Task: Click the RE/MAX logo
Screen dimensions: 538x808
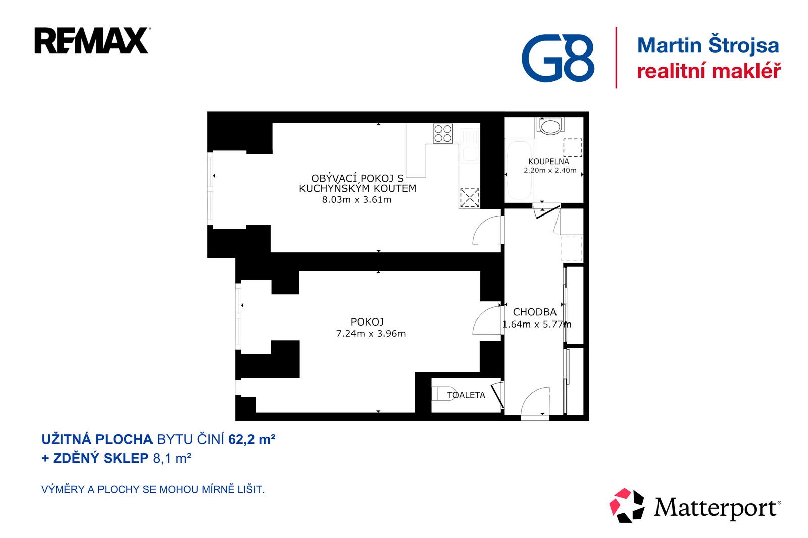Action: point(91,41)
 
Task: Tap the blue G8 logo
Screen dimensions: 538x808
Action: point(558,58)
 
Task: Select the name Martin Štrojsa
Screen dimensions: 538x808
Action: point(708,45)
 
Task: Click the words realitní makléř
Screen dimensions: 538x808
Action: point(709,71)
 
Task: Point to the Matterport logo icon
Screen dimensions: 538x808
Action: point(627,505)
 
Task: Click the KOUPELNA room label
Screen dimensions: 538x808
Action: point(548,162)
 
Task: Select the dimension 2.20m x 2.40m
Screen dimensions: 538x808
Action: point(550,171)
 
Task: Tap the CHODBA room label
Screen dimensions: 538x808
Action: point(534,312)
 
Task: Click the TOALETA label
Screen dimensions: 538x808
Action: point(466,395)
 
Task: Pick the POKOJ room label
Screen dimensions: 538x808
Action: point(367,322)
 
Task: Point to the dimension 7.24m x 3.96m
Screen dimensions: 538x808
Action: point(371,334)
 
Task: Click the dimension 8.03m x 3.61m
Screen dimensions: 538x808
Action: point(357,200)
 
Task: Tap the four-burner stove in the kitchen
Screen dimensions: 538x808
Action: point(443,134)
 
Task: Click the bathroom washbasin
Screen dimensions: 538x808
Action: point(550,126)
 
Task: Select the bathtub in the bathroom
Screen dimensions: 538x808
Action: point(519,171)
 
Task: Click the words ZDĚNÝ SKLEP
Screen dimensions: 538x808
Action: point(100,458)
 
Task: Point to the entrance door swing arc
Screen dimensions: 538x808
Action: point(534,401)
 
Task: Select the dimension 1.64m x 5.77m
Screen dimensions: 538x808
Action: point(536,325)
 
